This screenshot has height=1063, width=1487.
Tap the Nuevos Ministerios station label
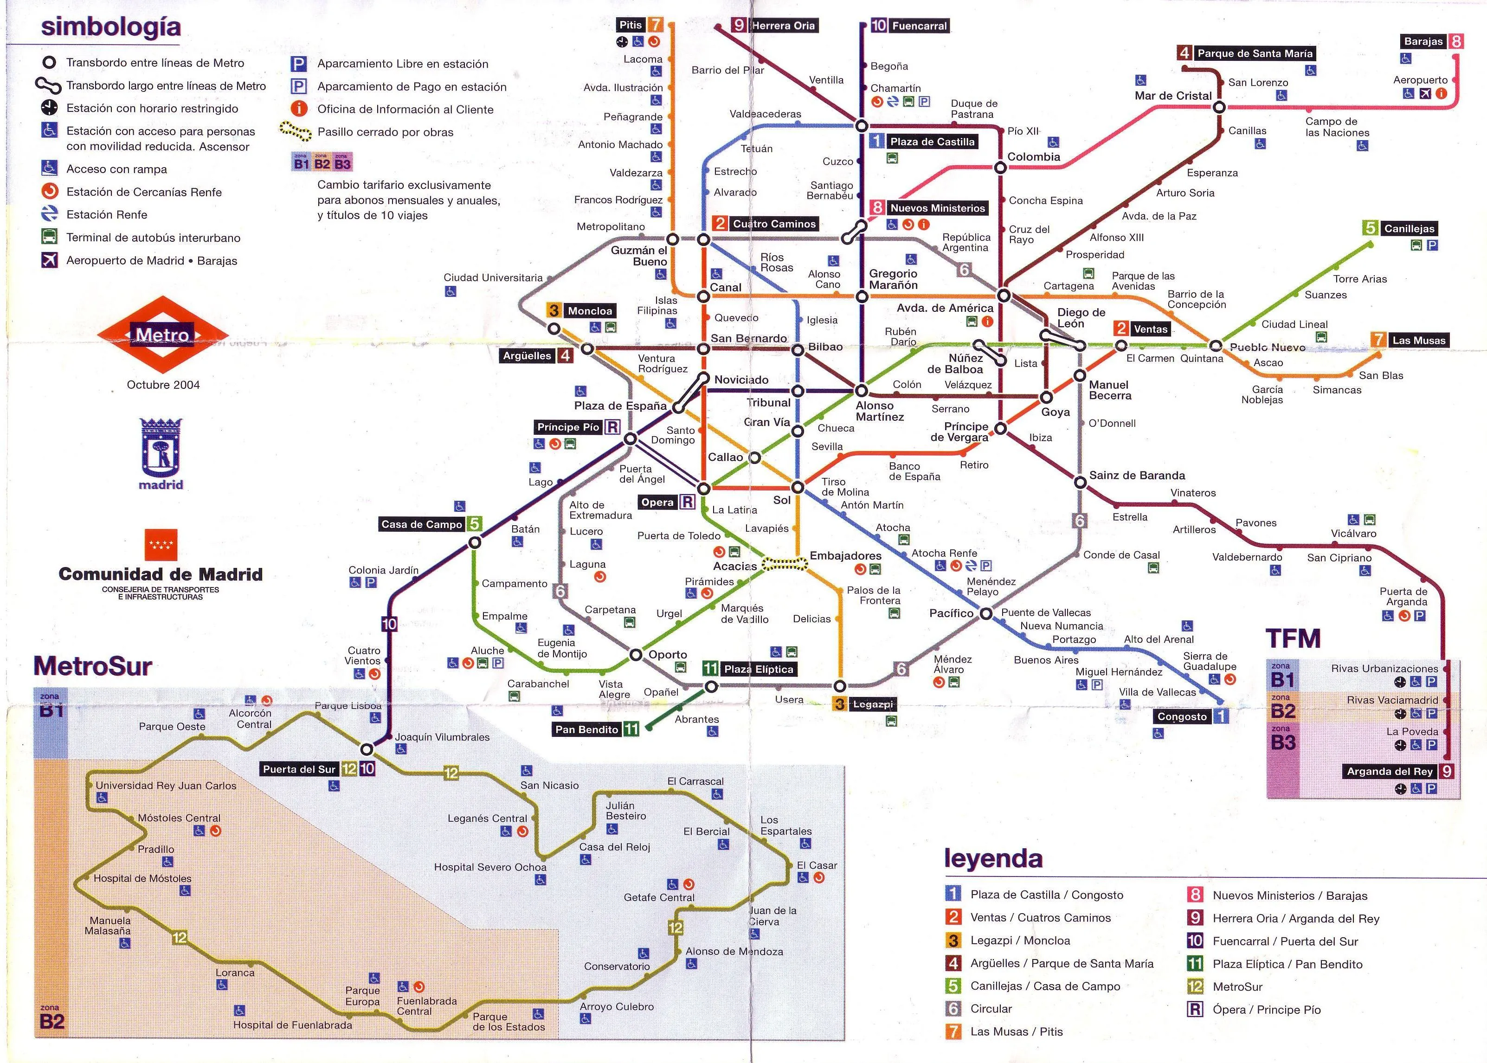(x=937, y=208)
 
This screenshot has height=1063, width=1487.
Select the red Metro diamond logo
(x=162, y=335)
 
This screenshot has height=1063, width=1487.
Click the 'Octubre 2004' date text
(x=163, y=385)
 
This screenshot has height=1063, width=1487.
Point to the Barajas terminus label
(x=1423, y=41)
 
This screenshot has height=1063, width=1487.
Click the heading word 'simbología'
(x=110, y=27)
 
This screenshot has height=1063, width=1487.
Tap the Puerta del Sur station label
(x=299, y=769)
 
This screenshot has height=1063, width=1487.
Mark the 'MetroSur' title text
(x=92, y=666)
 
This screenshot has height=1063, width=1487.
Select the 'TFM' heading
(x=1293, y=638)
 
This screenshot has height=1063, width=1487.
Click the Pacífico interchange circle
(x=985, y=613)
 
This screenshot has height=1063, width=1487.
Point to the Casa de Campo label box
(x=422, y=524)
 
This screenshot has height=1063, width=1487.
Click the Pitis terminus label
(x=631, y=25)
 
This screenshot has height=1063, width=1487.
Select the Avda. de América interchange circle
(x=1004, y=296)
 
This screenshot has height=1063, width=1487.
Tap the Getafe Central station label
(x=658, y=897)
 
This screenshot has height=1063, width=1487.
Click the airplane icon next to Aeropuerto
(x=1425, y=94)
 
